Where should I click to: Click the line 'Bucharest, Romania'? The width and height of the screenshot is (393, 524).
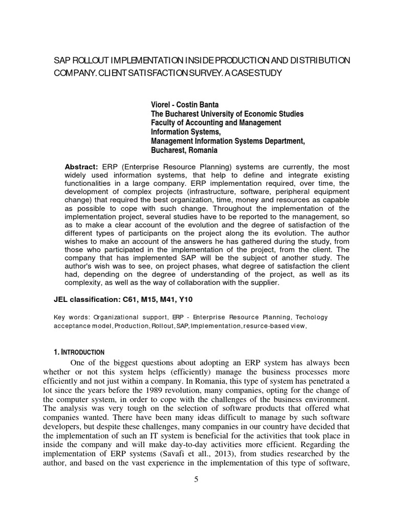coord(184,150)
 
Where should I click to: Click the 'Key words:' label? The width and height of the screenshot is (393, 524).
coord(70,317)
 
